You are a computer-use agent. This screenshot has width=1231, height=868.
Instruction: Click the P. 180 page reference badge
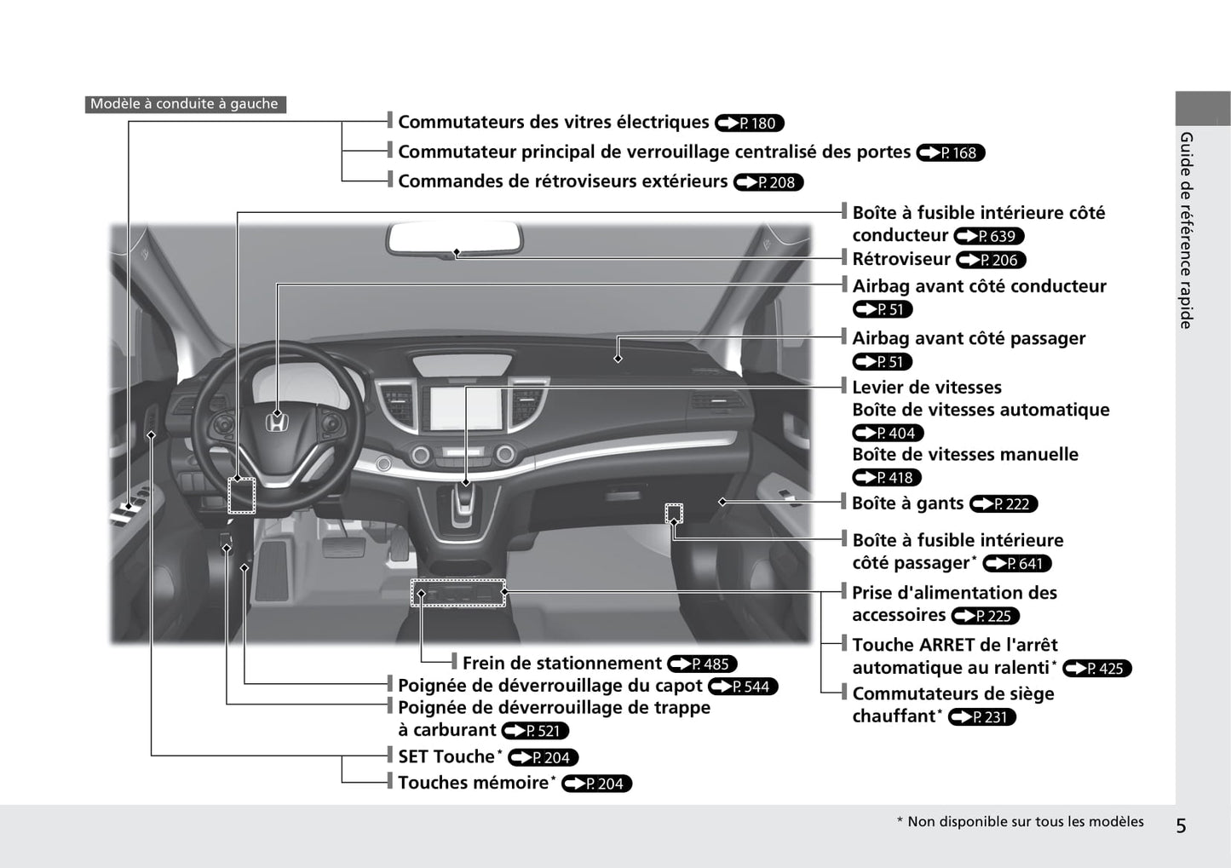(750, 124)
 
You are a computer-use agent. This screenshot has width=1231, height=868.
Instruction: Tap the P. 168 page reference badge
(951, 153)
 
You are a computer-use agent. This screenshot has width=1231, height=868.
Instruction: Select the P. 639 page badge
(989, 236)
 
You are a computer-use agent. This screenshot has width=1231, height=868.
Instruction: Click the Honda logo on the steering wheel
(276, 423)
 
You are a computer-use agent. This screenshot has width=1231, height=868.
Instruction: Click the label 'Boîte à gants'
(907, 503)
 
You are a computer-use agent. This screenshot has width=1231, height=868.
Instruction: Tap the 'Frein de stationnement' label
(561, 664)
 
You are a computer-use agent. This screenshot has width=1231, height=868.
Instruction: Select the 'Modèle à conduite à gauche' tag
(185, 104)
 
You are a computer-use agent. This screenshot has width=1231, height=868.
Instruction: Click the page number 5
(1181, 825)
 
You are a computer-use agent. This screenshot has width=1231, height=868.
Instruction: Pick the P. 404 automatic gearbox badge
(888, 434)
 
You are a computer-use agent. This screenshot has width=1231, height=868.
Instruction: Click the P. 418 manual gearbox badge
(888, 478)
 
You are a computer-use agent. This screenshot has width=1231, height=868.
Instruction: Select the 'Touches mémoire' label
(473, 783)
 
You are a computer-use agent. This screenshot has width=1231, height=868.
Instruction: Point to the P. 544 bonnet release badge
(743, 687)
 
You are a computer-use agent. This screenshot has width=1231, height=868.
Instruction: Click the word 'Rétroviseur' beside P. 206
(900, 259)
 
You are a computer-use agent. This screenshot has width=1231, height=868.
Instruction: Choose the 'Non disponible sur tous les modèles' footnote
(1020, 822)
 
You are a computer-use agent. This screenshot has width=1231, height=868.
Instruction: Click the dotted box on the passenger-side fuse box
(674, 513)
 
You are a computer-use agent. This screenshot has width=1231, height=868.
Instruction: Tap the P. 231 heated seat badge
(982, 717)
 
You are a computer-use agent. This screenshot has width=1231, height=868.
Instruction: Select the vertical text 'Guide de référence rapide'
(1186, 230)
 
